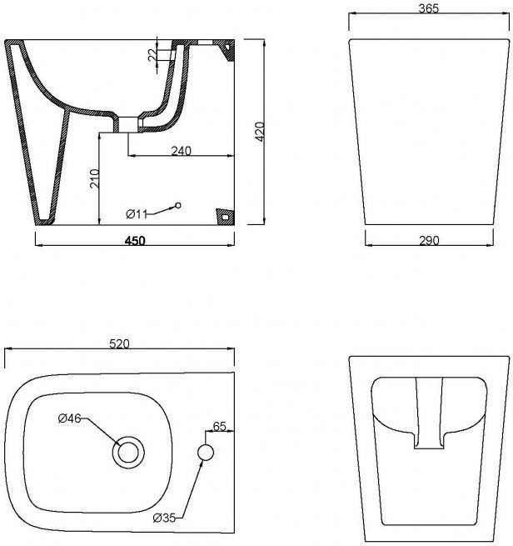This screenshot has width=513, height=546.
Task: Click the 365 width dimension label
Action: click(429, 8)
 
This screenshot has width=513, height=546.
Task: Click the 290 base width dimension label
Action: click(429, 240)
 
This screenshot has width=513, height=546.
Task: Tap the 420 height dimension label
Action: click(260, 132)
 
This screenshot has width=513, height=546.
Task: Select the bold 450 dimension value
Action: click(135, 241)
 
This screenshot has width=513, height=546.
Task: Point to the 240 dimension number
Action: click(182, 151)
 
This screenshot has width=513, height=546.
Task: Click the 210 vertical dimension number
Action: click(95, 178)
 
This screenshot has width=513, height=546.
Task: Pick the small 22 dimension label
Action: click(152, 55)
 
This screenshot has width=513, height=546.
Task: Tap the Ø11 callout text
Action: click(137, 213)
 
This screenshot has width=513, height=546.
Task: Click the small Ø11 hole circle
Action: click(178, 205)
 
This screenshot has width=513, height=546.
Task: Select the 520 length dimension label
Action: click(119, 344)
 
